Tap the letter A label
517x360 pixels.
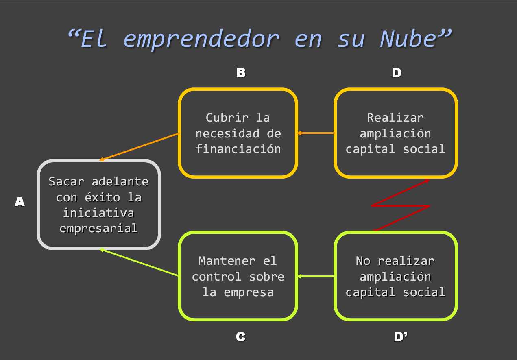20,202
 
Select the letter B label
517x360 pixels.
241,73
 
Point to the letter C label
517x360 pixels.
240,337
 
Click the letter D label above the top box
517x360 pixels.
396,73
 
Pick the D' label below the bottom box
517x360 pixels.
400,337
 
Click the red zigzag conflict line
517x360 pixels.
401,206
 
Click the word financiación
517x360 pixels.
238,149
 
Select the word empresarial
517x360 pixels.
98,228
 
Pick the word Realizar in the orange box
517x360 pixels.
395,118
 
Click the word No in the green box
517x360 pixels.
363,261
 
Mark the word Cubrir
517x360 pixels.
227,118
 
